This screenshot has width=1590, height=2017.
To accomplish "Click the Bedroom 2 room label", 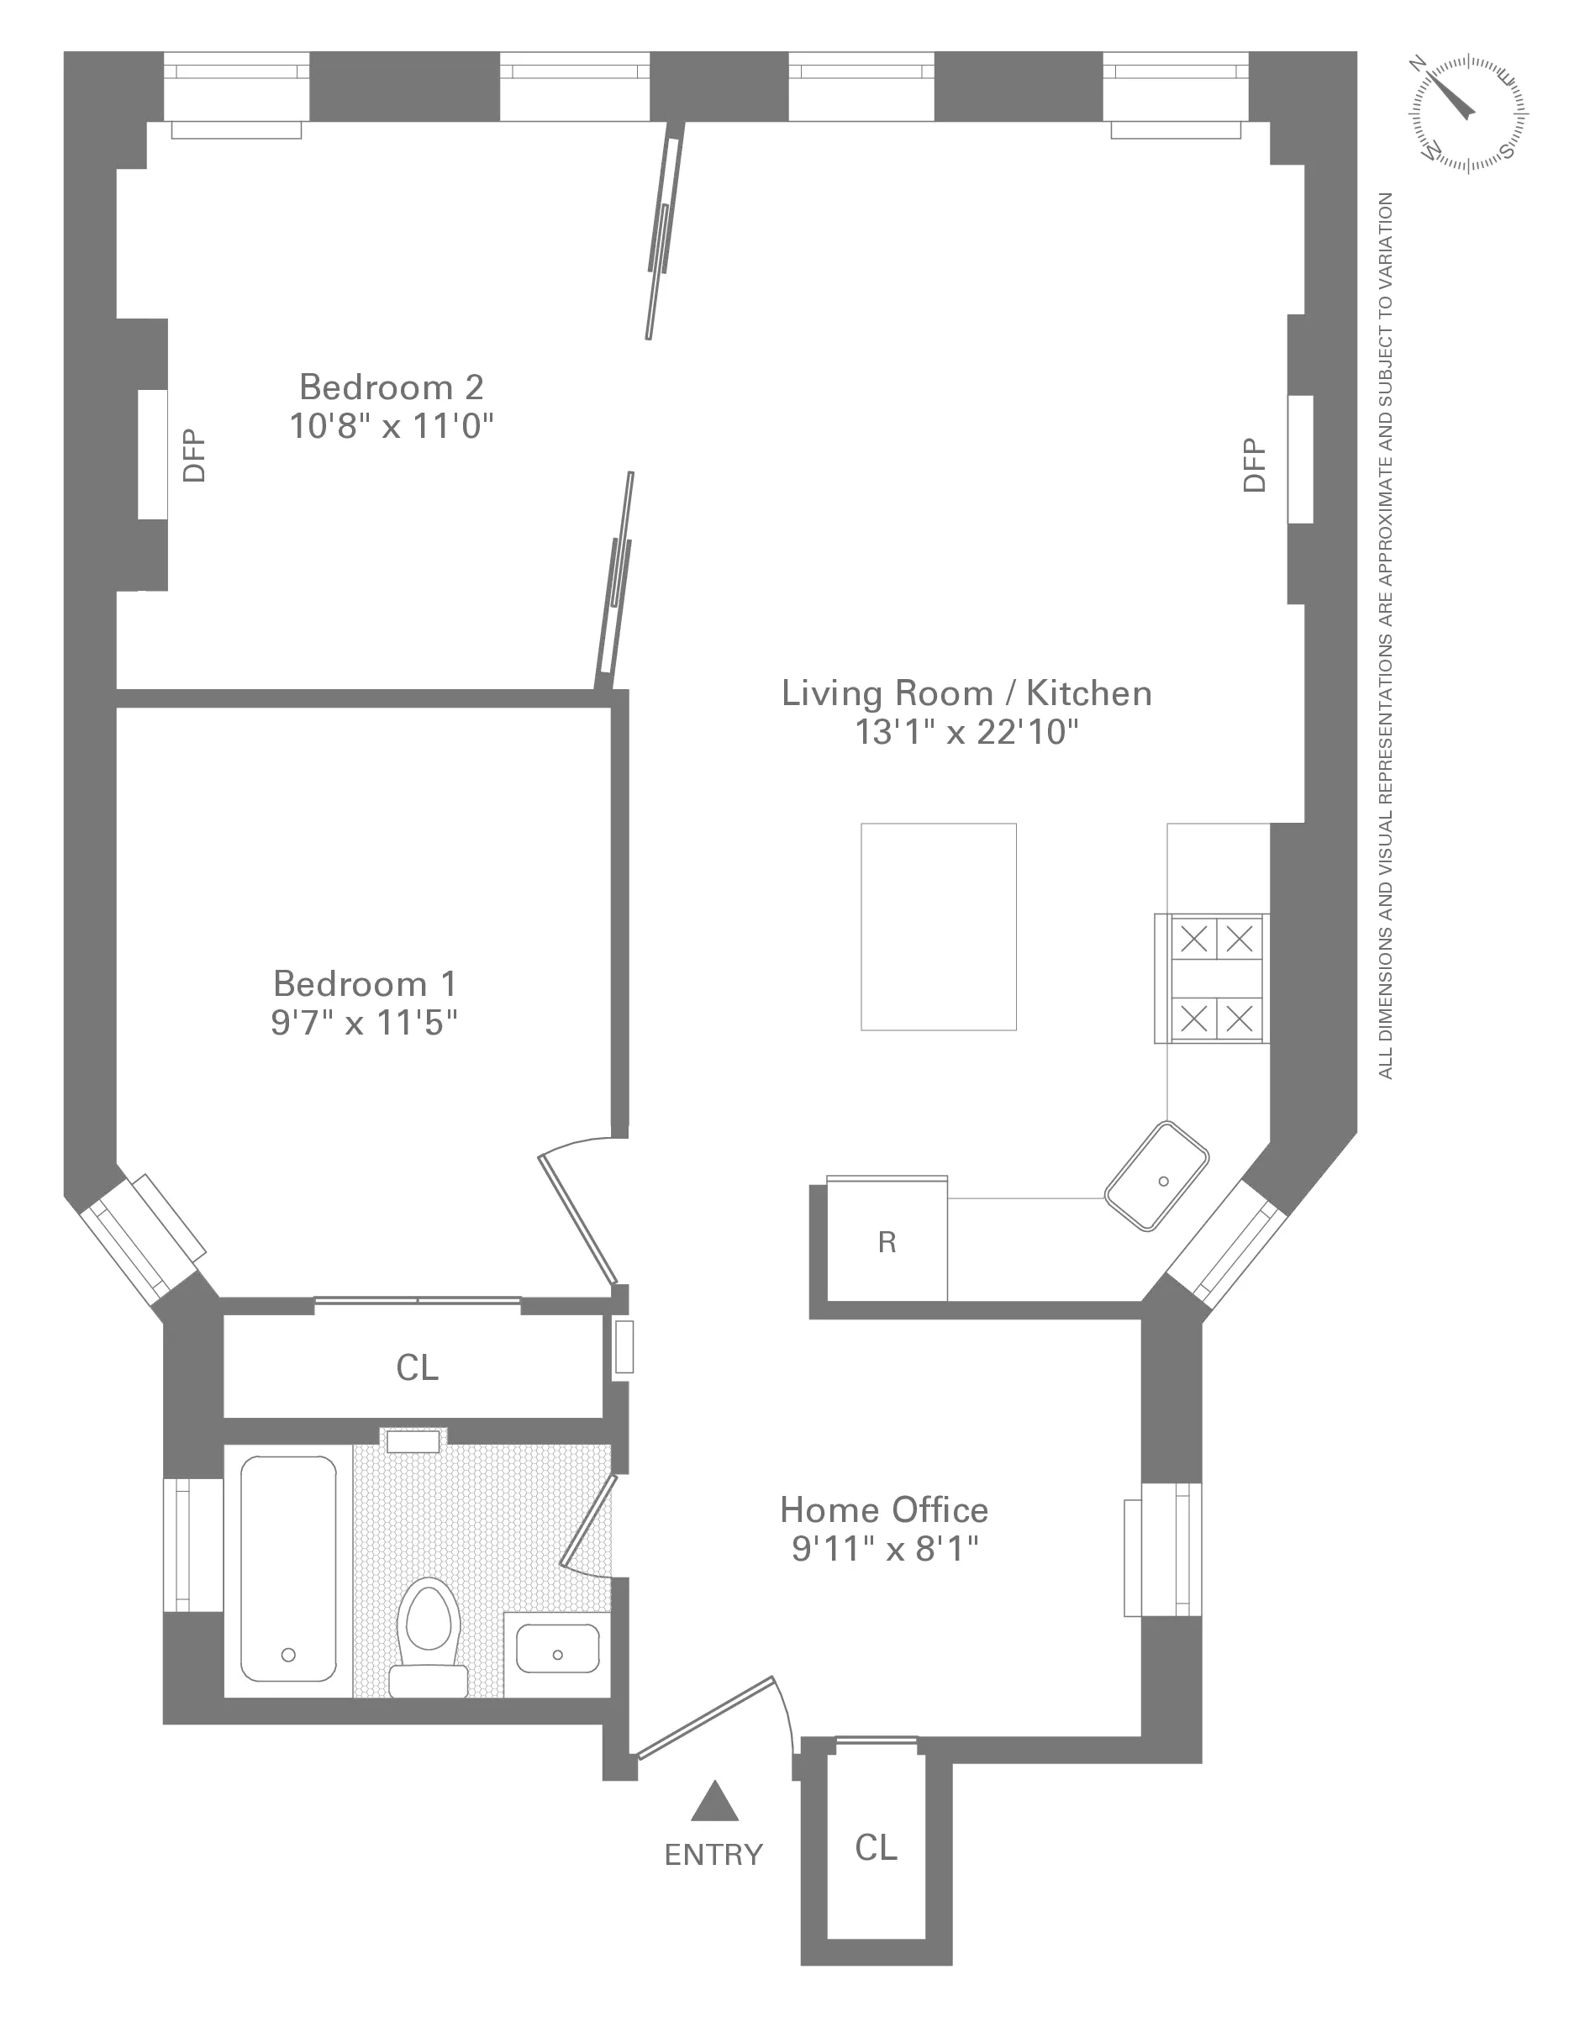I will (391, 387).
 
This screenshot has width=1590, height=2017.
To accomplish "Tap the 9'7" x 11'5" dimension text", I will (364, 1023).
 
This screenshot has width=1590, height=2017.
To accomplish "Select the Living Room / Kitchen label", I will (966, 693).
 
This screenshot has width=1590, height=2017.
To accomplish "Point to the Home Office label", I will (883, 1509).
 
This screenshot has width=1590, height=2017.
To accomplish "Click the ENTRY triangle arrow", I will (714, 1803).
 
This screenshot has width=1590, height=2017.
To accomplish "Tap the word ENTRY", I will (713, 1855).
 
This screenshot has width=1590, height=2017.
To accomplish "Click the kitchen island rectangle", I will (939, 926).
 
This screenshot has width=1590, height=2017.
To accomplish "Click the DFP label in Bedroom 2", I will (193, 456).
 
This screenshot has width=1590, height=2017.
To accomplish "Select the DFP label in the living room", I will (1255, 465).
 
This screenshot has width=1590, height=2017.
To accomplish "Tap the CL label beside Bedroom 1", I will (416, 1367).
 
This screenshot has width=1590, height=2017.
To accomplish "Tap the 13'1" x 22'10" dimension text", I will (966, 733).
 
